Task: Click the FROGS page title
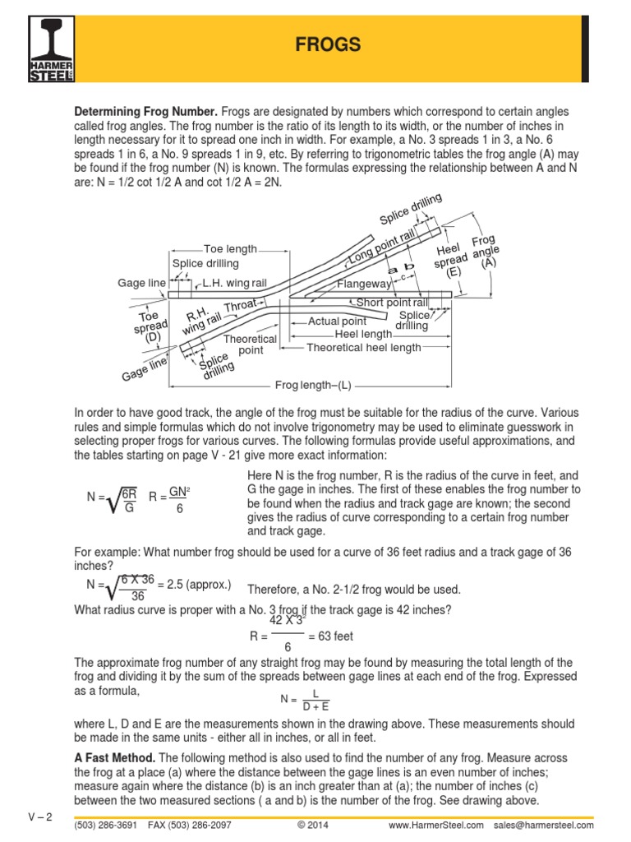pos(328,44)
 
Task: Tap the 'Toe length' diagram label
pos(230,248)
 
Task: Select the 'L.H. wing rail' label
pos(235,282)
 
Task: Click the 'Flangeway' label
pos(365,285)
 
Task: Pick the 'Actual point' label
pos(337,321)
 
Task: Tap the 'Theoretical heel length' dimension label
pos(363,347)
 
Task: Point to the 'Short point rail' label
pos(392,303)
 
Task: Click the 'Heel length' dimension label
pos(363,334)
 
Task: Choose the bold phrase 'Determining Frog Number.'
pos(146,111)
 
